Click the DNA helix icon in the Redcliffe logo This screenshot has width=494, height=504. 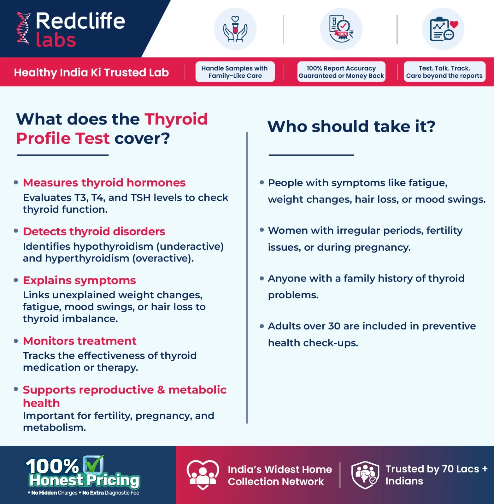(x=23, y=28)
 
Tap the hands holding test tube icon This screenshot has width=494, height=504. (x=235, y=29)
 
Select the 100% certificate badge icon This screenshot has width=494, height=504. (x=341, y=29)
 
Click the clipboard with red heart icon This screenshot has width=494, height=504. (x=443, y=29)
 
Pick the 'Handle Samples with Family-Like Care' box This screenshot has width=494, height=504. (x=235, y=72)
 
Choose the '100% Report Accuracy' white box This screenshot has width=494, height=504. (x=341, y=72)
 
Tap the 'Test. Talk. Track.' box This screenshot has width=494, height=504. (x=444, y=72)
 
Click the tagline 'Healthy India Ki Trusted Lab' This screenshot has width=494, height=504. (x=91, y=72)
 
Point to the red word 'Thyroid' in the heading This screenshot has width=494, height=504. (x=176, y=119)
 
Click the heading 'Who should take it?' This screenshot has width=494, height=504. (x=351, y=126)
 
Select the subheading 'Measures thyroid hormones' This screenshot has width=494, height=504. (x=104, y=183)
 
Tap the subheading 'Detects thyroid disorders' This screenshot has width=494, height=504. (x=94, y=232)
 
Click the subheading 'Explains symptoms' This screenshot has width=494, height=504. (x=79, y=280)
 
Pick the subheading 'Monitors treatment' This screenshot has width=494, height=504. (x=79, y=341)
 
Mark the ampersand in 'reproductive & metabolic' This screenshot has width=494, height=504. (x=161, y=390)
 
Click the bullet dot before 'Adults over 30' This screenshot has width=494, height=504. (x=262, y=326)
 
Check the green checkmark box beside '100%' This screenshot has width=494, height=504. (x=93, y=464)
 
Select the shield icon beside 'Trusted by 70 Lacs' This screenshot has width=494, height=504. (x=365, y=475)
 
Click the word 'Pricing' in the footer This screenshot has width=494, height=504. (x=113, y=480)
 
